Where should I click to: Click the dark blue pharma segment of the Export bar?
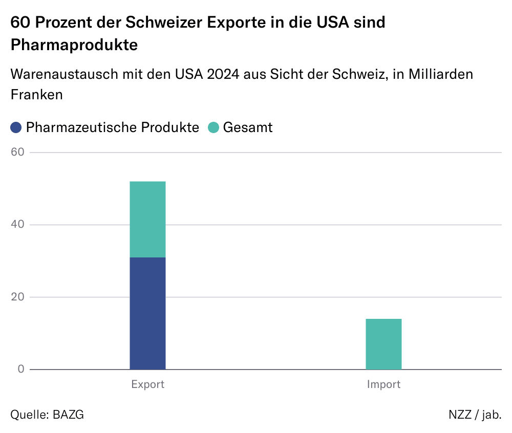click(x=147, y=313)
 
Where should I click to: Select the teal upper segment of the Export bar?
click(x=147, y=219)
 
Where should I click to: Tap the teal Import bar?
click(x=383, y=344)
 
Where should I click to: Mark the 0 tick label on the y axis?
click(x=21, y=369)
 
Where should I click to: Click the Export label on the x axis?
click(x=147, y=384)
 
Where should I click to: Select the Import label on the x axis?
click(x=383, y=384)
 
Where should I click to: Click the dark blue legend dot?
click(x=16, y=127)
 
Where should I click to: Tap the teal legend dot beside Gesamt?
click(x=214, y=127)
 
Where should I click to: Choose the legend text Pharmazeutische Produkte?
click(x=112, y=127)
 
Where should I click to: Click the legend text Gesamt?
click(x=248, y=127)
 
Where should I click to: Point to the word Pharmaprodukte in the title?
click(x=74, y=45)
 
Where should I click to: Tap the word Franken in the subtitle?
click(x=36, y=95)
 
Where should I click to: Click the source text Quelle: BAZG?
click(x=47, y=414)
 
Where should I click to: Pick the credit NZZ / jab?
click(x=475, y=414)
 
